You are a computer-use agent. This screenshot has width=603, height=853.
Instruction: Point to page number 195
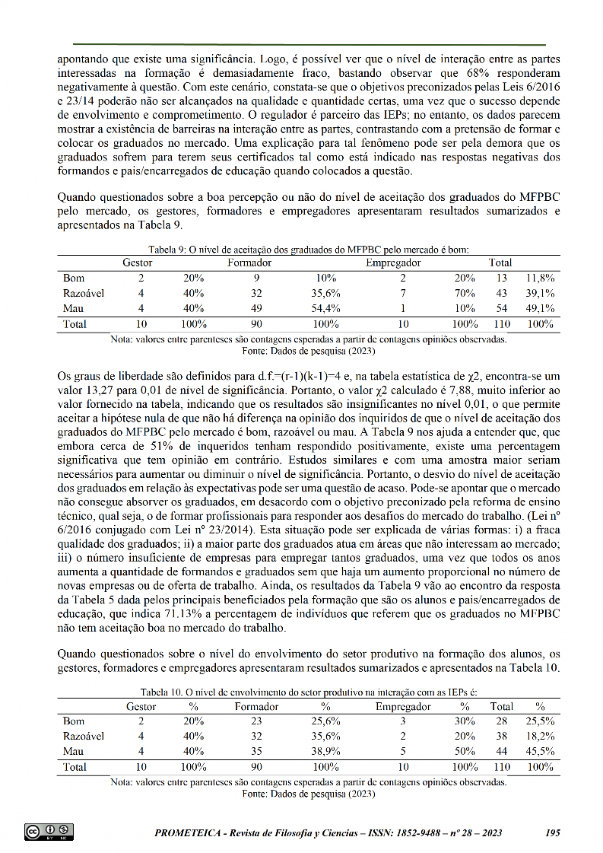click(553, 833)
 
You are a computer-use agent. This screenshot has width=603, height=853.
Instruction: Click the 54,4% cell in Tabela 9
click(326, 308)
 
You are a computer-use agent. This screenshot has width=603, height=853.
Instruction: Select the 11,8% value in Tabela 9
click(540, 278)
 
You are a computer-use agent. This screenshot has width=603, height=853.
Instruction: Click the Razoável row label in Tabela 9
click(84, 293)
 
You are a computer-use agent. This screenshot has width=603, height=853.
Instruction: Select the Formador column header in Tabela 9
click(249, 263)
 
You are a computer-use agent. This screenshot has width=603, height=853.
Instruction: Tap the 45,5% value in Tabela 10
click(540, 751)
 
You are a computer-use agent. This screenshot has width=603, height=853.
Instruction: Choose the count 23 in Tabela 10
click(256, 721)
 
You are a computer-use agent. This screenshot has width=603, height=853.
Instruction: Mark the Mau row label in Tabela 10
click(73, 751)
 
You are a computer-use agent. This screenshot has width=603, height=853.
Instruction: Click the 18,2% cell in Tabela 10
click(540, 736)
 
